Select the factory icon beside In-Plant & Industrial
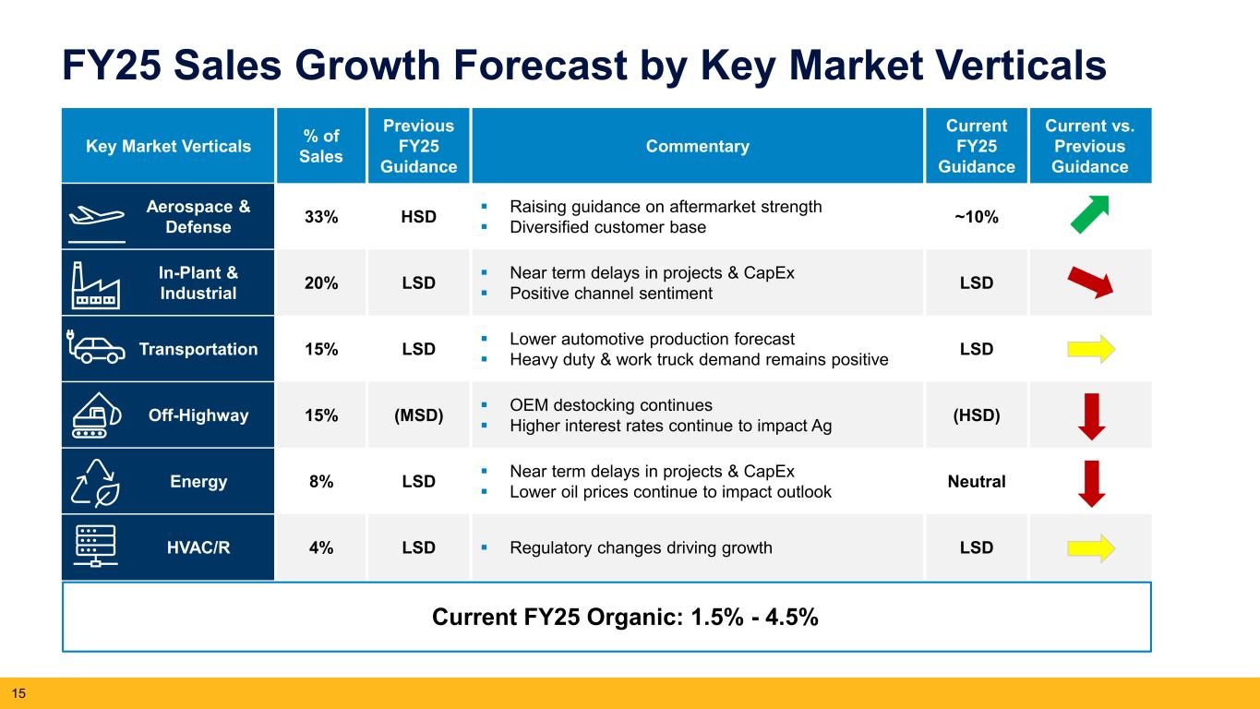95,282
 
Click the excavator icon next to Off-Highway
95,415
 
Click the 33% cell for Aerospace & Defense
321,217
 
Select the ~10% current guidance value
976,217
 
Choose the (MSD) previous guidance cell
418,415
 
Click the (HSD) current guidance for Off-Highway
976,415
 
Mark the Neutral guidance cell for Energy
976,482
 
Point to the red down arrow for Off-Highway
1092,415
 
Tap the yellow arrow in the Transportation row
1092,349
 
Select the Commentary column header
698,146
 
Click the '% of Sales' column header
321,146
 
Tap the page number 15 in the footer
17,691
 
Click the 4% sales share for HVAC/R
321,547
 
